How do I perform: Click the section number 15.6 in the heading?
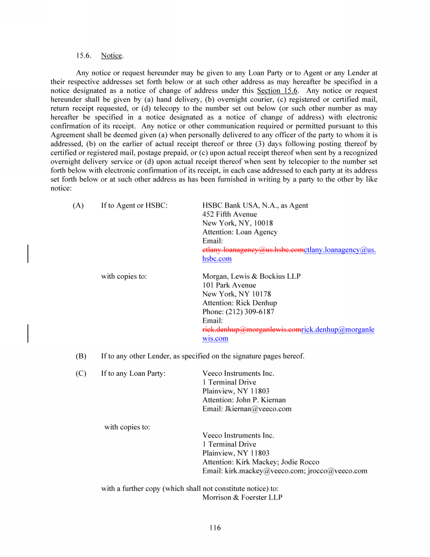84,55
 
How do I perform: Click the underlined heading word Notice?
111,55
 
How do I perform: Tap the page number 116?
215,527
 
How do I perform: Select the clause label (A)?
78,205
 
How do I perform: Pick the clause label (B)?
81,356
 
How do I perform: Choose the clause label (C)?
81,373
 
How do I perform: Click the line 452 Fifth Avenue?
230,214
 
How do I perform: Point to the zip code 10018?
262,223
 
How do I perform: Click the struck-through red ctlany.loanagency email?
253,250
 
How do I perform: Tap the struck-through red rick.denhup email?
252,329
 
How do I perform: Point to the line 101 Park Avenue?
229,285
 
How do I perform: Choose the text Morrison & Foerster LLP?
242,497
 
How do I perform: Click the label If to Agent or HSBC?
134,205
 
